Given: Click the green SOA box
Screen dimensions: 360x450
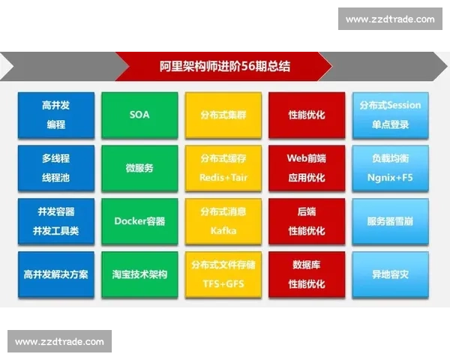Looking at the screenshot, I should pyautogui.click(x=139, y=115).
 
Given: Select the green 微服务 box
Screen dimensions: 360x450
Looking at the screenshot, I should pyautogui.click(x=139, y=168).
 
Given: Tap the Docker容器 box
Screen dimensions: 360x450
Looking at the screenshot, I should pyautogui.click(x=139, y=221).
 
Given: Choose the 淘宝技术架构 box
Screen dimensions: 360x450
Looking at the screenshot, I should pyautogui.click(x=139, y=274).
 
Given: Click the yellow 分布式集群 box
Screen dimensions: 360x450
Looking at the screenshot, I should pyautogui.click(x=223, y=115).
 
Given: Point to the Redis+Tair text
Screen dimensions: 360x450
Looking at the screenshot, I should pyautogui.click(x=223, y=178).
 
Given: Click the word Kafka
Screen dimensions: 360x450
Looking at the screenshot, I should pyautogui.click(x=223, y=231).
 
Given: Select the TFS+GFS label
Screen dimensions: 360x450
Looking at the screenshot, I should pyautogui.click(x=223, y=284).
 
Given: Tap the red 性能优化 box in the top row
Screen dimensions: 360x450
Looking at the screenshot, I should pyautogui.click(x=307, y=115).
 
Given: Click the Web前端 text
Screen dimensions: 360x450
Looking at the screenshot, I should pyautogui.click(x=307, y=159).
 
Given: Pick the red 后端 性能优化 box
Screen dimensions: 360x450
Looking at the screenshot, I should pyautogui.click(x=307, y=221).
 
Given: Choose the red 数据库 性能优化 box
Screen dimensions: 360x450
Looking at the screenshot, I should pyautogui.click(x=307, y=274).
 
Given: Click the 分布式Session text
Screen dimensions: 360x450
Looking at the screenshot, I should pyautogui.click(x=390, y=106).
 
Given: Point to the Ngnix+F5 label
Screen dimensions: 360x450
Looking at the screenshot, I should pyautogui.click(x=390, y=178).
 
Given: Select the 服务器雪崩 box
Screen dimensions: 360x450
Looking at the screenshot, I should pyautogui.click(x=390, y=221).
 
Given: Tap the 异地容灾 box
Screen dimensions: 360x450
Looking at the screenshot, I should pyautogui.click(x=390, y=274).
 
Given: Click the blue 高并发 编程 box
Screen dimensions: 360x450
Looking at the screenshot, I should pyautogui.click(x=56, y=115).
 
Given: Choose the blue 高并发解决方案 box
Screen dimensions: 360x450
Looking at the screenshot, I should pyautogui.click(x=56, y=274).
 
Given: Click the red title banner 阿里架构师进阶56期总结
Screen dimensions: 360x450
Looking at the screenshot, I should pyautogui.click(x=225, y=67).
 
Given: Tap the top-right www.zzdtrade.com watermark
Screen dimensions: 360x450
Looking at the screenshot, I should pyautogui.click(x=390, y=19).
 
